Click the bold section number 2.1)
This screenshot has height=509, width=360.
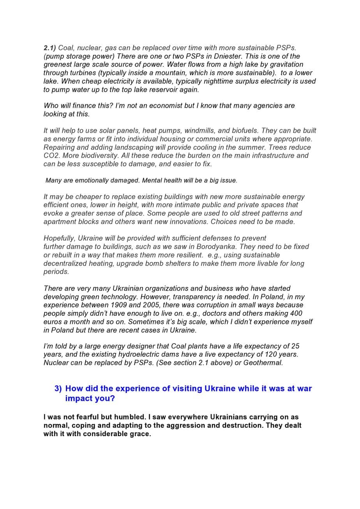click(x=49, y=48)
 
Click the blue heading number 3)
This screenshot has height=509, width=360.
click(x=58, y=389)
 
